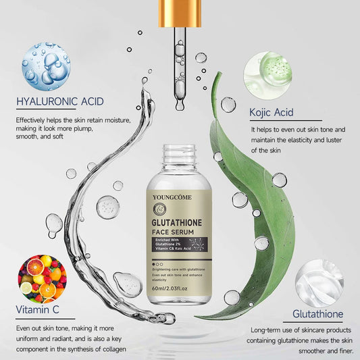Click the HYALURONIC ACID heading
60,102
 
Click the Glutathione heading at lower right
317,314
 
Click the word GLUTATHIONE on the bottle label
180,221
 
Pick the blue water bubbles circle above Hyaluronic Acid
45,67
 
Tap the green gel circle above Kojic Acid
267,67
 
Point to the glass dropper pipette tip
180,101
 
